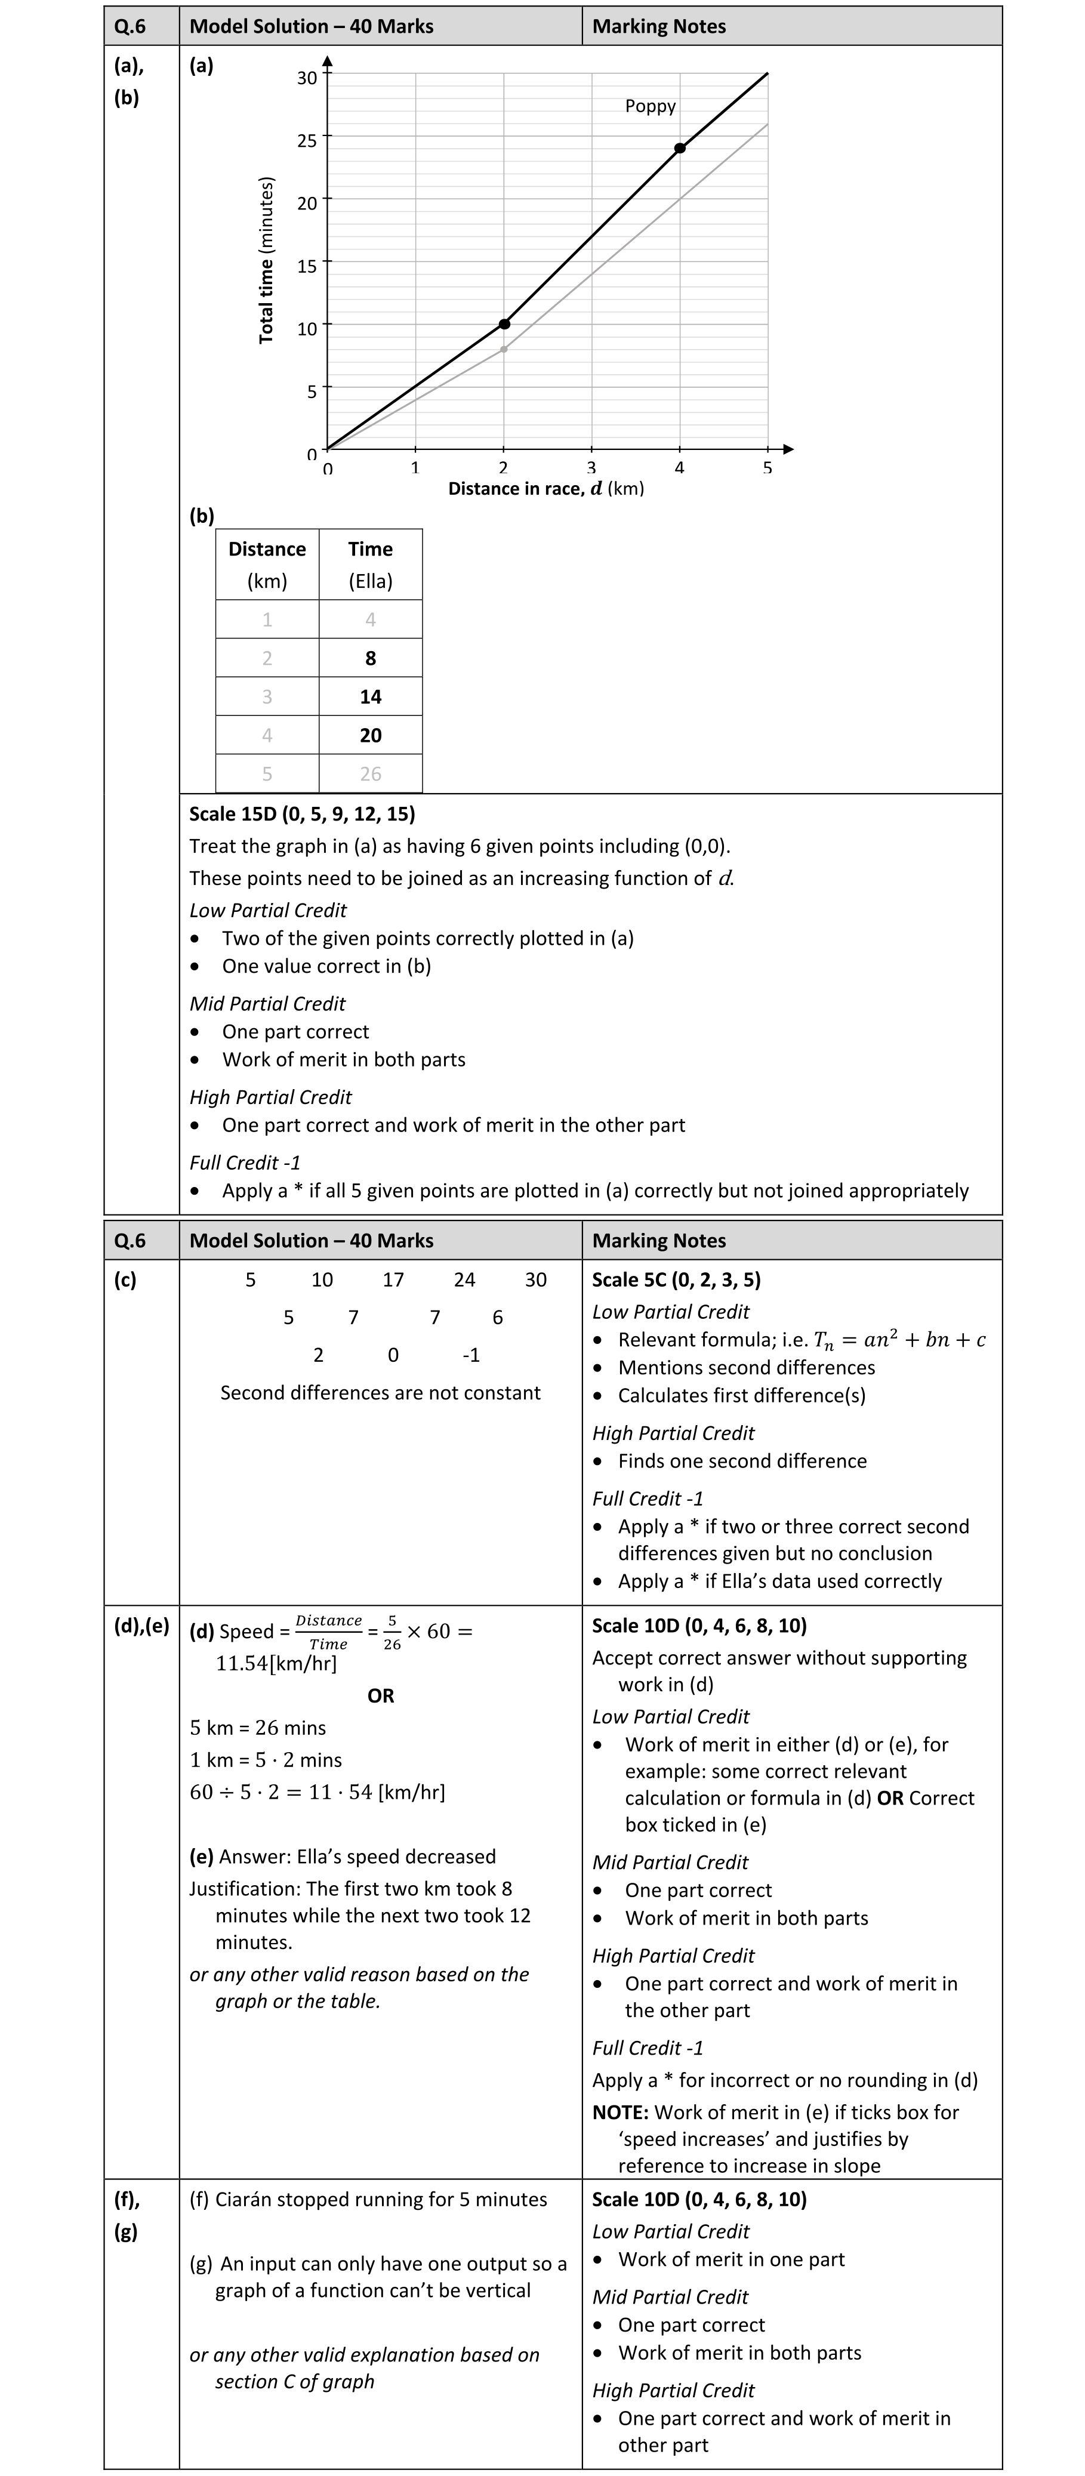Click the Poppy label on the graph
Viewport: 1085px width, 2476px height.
[x=650, y=107]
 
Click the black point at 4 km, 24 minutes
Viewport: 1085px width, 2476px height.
[x=679, y=148]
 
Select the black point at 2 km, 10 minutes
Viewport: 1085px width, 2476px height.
[x=504, y=324]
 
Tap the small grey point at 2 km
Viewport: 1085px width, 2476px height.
[x=504, y=349]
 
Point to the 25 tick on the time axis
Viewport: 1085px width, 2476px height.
[x=307, y=140]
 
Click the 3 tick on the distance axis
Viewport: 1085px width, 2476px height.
[x=591, y=468]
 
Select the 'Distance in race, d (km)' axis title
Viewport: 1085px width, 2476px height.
[x=546, y=488]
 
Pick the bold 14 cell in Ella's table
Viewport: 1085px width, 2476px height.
[x=370, y=697]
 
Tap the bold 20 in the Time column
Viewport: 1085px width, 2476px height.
[x=370, y=735]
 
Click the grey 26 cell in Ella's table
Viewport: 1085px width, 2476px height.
[x=370, y=774]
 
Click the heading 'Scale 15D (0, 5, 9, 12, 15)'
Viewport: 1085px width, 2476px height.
[x=302, y=814]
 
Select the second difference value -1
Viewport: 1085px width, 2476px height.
[x=471, y=1355]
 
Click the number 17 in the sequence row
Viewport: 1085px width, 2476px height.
[x=393, y=1280]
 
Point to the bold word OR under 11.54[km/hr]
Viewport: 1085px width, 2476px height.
[x=381, y=1695]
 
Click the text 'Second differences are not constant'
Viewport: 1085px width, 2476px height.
[x=381, y=1393]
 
